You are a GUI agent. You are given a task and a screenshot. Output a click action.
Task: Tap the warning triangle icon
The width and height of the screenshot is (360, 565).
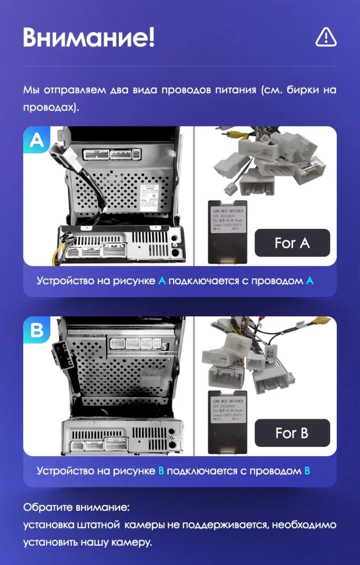click(x=326, y=37)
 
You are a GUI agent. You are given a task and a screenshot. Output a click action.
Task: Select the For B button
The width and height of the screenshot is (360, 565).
click(x=292, y=433)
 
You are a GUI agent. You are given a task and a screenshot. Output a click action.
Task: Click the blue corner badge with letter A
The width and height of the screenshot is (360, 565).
click(x=36, y=141)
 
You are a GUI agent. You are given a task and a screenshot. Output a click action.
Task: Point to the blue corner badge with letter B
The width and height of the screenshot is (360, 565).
click(x=36, y=331)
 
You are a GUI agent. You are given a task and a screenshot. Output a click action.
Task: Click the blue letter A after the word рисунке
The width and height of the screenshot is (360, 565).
click(x=162, y=281)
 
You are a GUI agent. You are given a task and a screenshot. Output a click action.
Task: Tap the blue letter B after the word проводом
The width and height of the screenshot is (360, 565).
click(x=307, y=470)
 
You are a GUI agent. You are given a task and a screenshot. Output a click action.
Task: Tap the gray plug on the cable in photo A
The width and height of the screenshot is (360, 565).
click(x=60, y=155)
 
